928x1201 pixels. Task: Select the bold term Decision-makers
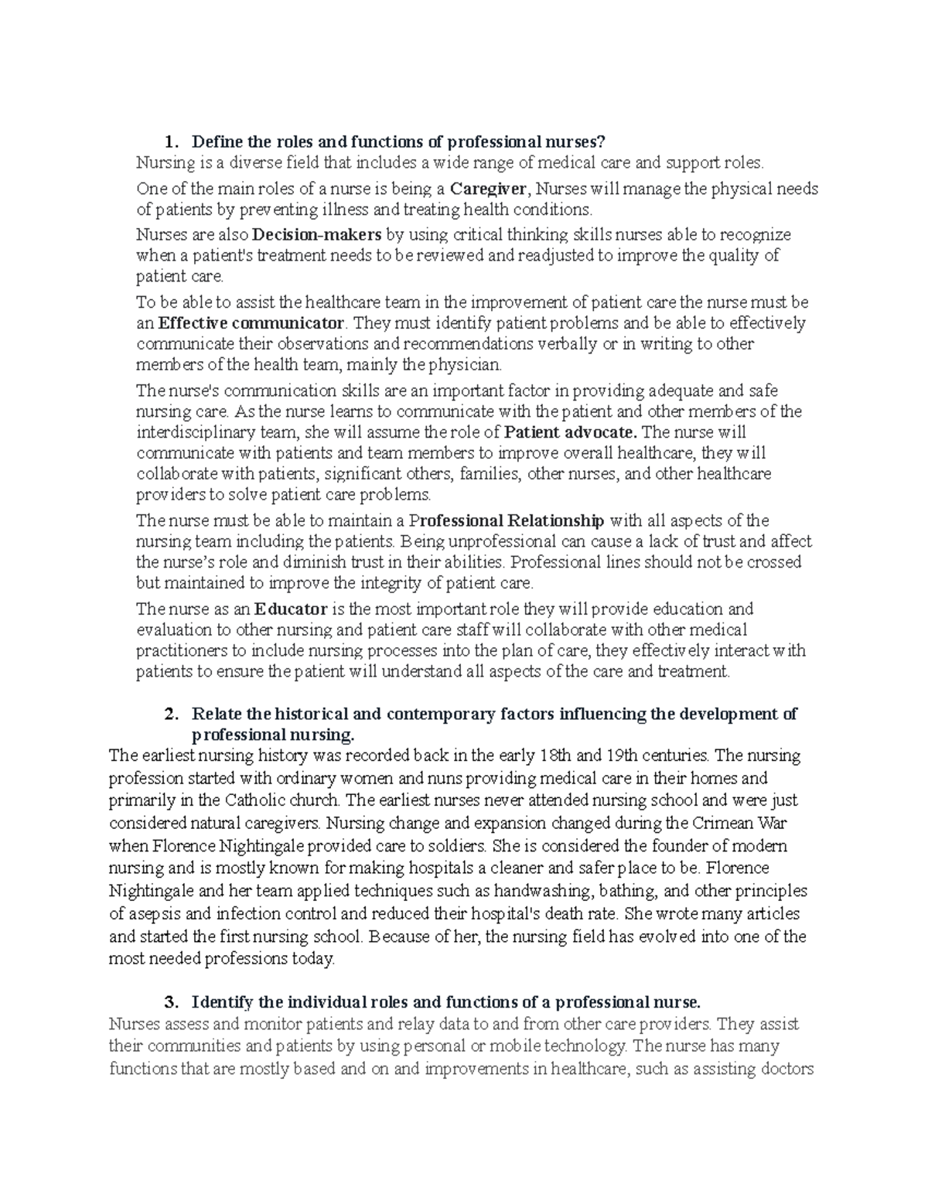317,235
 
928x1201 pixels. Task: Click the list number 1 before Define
169,142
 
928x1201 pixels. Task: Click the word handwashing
549,890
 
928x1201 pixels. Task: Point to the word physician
464,364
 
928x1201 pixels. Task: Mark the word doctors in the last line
786,1070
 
